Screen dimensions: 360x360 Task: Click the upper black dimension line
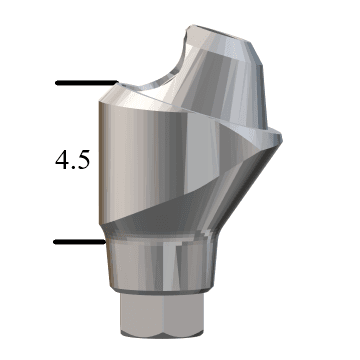(85, 83)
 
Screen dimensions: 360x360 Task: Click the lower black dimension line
(78, 241)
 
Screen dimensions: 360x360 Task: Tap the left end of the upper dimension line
(57, 83)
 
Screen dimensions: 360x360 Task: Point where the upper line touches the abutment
(116, 83)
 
